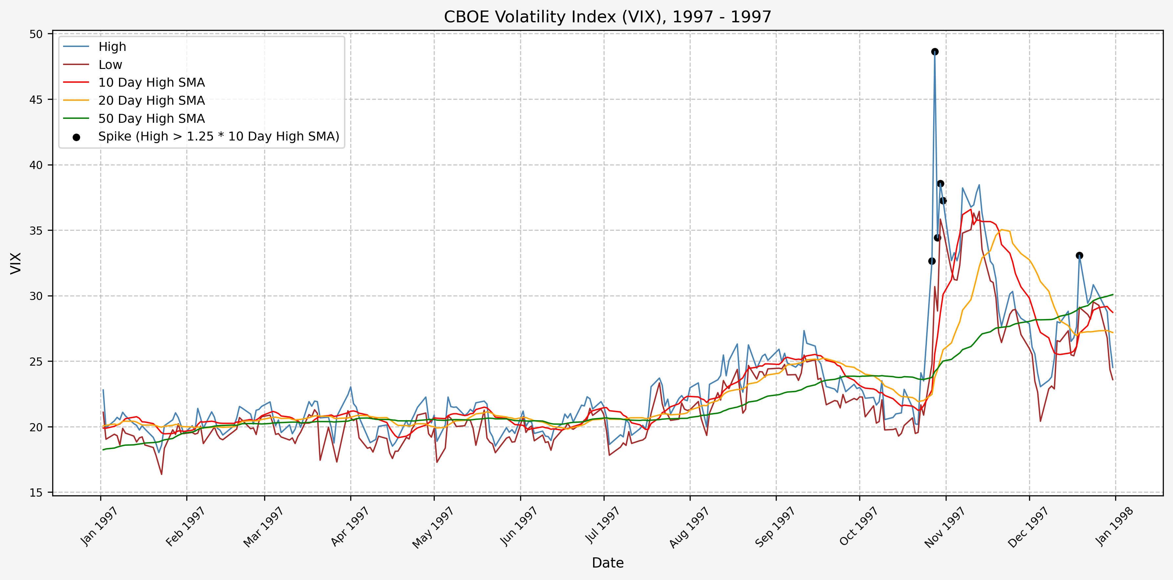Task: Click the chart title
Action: [x=608, y=17]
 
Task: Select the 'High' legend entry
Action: [x=112, y=47]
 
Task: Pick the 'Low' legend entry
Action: [x=110, y=65]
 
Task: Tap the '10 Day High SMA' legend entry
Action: [x=151, y=83]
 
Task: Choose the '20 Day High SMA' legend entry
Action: [x=151, y=100]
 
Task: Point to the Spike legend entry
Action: [x=218, y=137]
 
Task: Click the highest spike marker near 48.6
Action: [x=935, y=52]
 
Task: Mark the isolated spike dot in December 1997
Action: [x=1079, y=256]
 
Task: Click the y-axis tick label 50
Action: [x=36, y=34]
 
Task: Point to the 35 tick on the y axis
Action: [x=36, y=231]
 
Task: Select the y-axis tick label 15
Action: [x=36, y=493]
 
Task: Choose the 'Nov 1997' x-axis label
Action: [x=944, y=527]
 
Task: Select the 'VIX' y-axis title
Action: [x=16, y=263]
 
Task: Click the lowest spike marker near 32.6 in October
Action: [x=931, y=261]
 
